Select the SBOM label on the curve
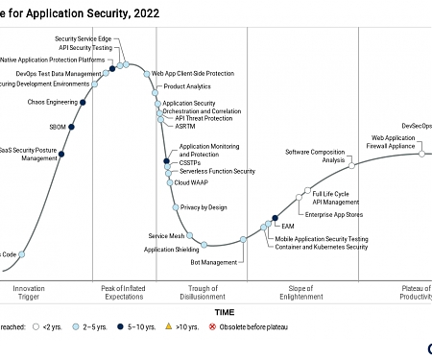point(58,127)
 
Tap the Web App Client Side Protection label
point(193,73)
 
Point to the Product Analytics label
point(188,86)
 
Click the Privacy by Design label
point(204,207)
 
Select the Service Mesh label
point(165,235)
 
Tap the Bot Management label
point(213,261)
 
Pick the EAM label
point(287,226)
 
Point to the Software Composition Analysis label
point(315,156)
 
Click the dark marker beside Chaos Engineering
point(84,102)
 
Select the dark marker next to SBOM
point(72,127)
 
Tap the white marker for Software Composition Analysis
point(352,166)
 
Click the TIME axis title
point(224,312)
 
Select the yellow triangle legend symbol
point(170,327)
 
